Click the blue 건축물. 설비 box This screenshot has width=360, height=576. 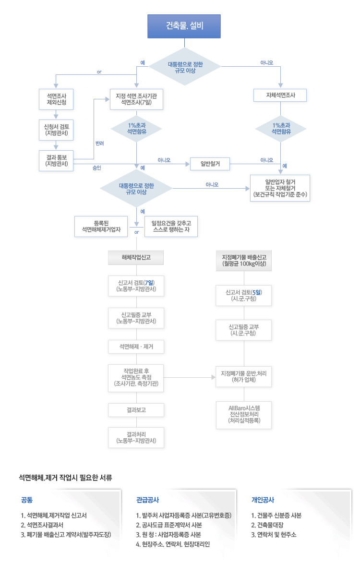click(x=184, y=26)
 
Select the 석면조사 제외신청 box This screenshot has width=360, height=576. click(x=56, y=99)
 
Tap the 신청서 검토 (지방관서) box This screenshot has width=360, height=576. click(x=56, y=130)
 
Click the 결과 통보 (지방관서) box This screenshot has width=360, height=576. click(x=56, y=160)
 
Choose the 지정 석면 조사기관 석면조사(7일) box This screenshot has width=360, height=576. click(x=136, y=99)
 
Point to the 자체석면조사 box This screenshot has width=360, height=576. click(x=280, y=96)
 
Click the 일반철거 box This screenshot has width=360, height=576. click(x=210, y=164)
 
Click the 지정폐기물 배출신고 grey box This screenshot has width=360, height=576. click(x=245, y=260)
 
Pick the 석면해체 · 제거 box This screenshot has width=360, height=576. click(x=136, y=346)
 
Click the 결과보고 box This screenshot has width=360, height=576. click(x=136, y=410)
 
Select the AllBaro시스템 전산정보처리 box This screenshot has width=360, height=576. click(x=245, y=414)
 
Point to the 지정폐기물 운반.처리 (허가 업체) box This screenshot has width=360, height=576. click(x=245, y=376)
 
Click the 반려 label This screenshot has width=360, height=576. click(x=100, y=143)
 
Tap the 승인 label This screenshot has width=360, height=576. click(x=96, y=168)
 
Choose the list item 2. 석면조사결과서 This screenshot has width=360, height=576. click(x=46, y=525)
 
